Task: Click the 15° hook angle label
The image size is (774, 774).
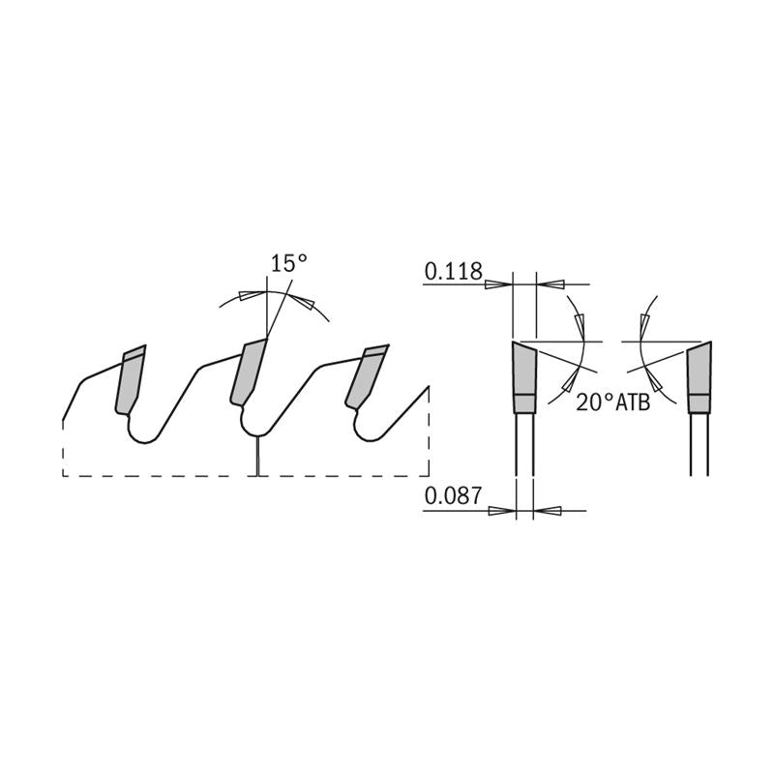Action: tap(288, 263)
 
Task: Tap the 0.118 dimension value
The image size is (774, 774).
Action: tap(452, 272)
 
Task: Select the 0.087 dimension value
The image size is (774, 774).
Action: tap(452, 497)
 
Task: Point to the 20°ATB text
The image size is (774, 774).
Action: tap(611, 402)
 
